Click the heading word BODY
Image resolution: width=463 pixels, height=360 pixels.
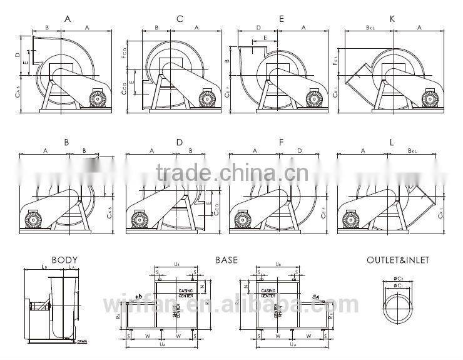[x=64, y=259]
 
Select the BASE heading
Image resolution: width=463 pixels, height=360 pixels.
[x=226, y=259]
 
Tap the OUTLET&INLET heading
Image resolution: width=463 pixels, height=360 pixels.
[x=398, y=259]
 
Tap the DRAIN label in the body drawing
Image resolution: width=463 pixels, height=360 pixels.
[x=82, y=342]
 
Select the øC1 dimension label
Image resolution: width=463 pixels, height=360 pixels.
[x=398, y=285]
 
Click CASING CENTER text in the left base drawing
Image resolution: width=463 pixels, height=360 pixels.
[x=186, y=292]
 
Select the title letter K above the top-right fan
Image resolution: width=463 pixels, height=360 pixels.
[x=392, y=19]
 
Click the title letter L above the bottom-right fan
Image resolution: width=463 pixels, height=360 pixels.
[x=392, y=143]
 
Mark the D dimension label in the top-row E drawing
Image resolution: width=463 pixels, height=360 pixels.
[x=258, y=28]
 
